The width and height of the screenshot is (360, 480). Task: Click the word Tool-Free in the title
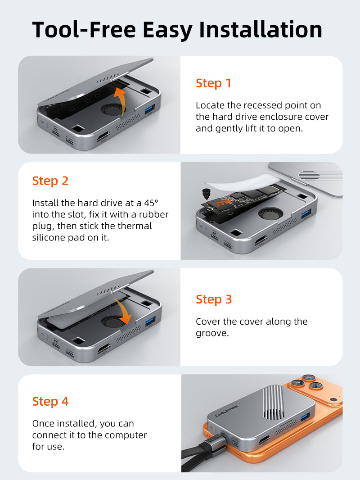pos(84,30)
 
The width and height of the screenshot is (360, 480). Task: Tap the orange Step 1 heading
pos(213,83)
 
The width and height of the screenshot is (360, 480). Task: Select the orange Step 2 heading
pos(50,181)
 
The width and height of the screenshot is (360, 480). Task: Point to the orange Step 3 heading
pos(213,299)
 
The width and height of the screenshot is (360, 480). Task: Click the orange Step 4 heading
pos(50,401)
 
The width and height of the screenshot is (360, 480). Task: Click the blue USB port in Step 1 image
pos(149,109)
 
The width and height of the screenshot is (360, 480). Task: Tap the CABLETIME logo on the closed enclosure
pos(226,411)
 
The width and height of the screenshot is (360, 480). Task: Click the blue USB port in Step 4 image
pos(305,417)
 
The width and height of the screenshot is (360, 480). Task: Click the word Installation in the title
pos(261,30)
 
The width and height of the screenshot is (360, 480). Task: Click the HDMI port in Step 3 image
pos(104,349)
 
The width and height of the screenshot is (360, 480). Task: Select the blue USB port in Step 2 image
pos(306,214)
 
